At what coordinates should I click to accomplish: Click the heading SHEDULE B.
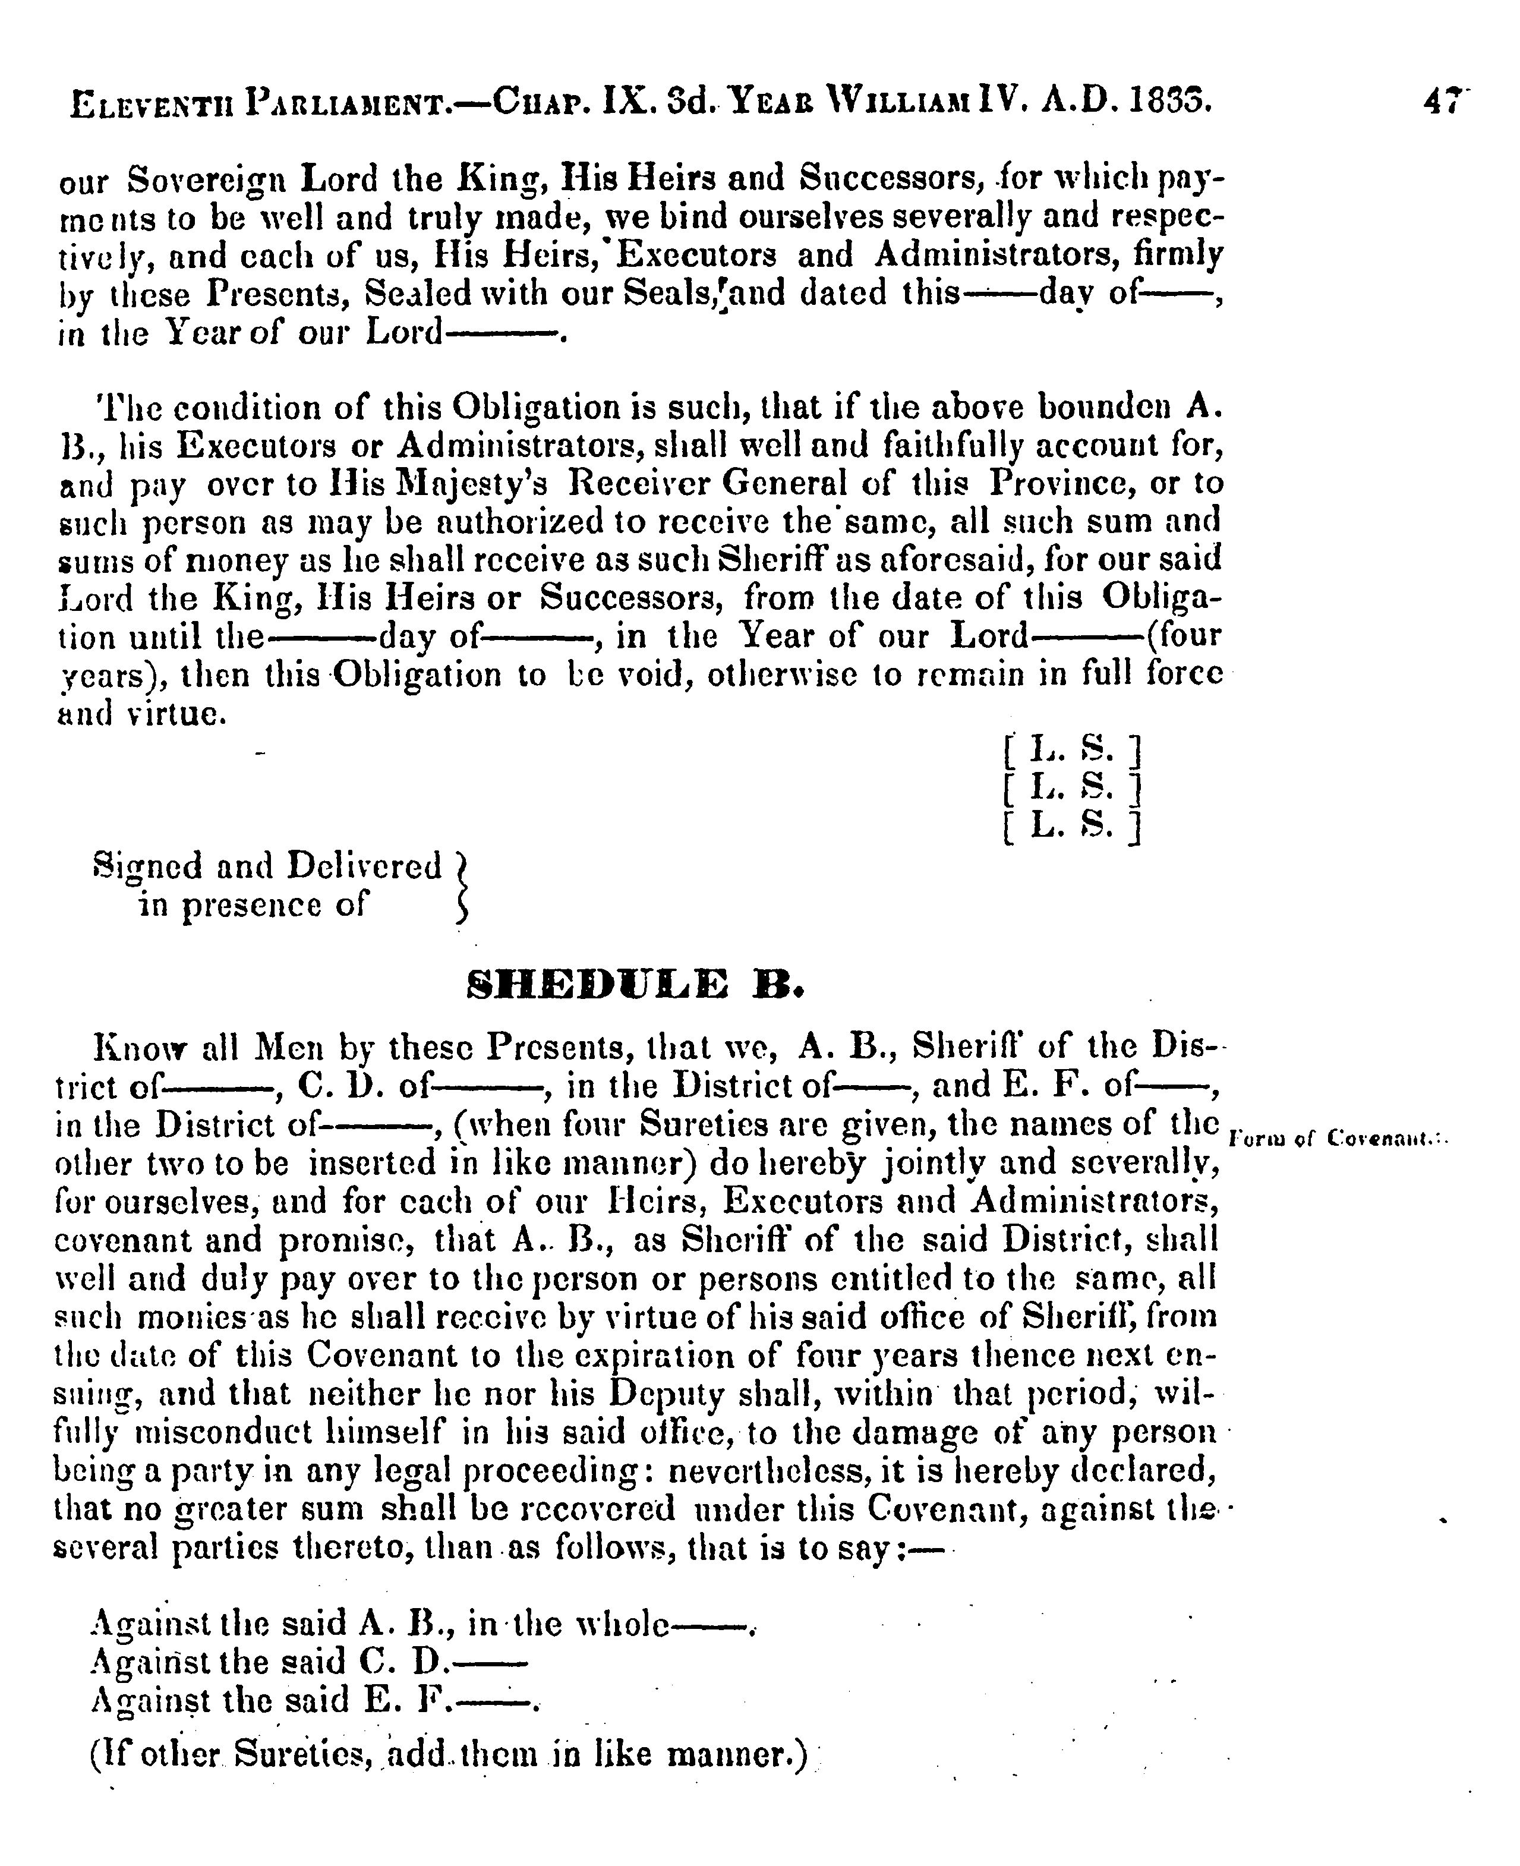(x=636, y=986)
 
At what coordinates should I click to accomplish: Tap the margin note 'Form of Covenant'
(x=1339, y=1139)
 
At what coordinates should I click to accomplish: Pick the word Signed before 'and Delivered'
(x=147, y=867)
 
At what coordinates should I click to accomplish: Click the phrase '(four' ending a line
(x=1183, y=635)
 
